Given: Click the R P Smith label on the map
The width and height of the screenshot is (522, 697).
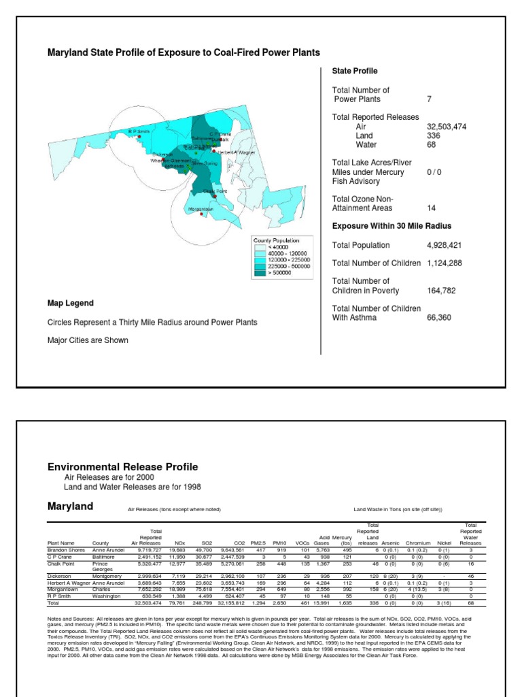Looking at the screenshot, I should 139,131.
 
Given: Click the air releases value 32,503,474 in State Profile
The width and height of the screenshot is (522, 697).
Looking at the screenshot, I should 447,127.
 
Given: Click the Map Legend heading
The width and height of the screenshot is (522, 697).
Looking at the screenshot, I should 71,303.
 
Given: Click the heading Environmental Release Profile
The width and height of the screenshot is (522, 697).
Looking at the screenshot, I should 122,467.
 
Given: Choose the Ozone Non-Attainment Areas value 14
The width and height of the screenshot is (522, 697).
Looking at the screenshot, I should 431,208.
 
